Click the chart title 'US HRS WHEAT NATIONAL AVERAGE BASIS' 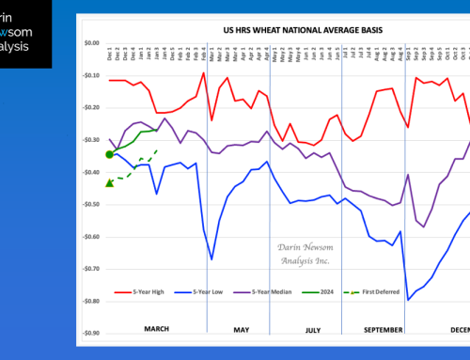pyautogui.click(x=285, y=30)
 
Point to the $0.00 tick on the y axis pyautogui.click(x=90, y=43)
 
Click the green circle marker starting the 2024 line pyautogui.click(x=110, y=154)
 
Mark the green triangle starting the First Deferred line pyautogui.click(x=110, y=182)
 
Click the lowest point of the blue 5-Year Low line pyautogui.click(x=408, y=300)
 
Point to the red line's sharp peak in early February pyautogui.click(x=203, y=72)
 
